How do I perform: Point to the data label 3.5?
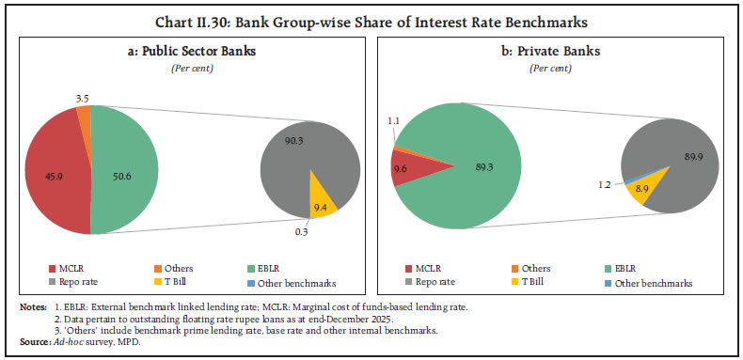pyautogui.click(x=84, y=71)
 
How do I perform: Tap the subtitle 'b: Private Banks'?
pyautogui.click(x=558, y=53)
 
